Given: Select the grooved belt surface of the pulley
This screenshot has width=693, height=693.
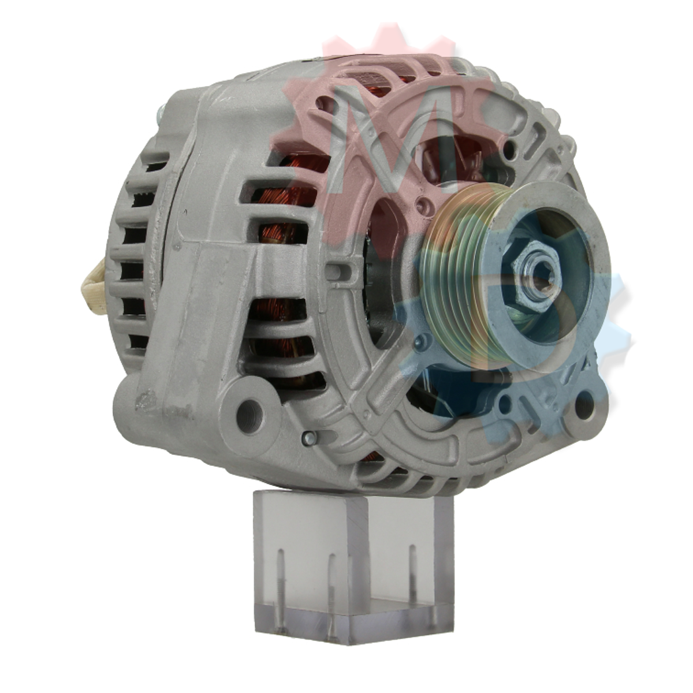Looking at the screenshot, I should (x=456, y=277).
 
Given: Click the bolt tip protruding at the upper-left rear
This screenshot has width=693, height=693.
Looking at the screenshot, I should (x=159, y=114).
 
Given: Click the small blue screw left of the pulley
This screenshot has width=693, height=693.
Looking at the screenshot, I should (x=423, y=342).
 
